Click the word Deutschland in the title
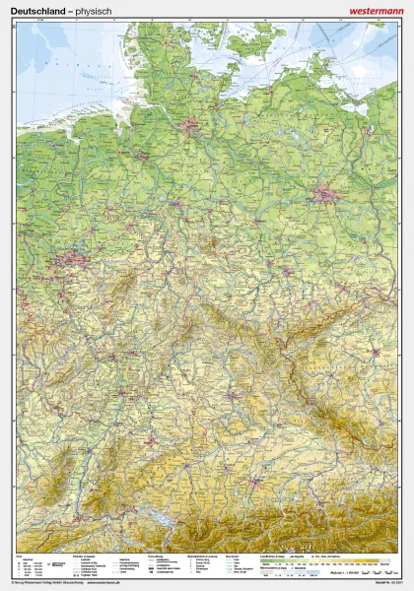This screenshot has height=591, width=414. [x=38, y=9]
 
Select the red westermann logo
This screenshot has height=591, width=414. [x=377, y=9]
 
